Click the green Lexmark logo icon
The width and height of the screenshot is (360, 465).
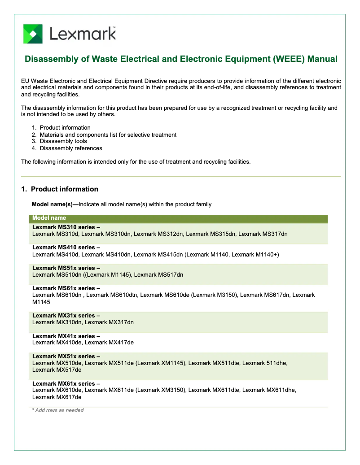tap(33, 34)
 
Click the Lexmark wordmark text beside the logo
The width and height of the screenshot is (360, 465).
tap(83, 34)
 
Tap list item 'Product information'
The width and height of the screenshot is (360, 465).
tap(65, 128)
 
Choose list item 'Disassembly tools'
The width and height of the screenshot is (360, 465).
tap(63, 141)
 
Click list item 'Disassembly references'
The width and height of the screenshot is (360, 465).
tap(70, 148)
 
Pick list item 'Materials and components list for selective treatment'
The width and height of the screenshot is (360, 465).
tap(108, 135)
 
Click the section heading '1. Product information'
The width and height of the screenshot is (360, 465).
tap(60, 189)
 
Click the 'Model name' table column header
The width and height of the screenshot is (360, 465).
tap(49, 218)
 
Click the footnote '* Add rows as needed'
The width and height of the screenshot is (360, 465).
tap(58, 410)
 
